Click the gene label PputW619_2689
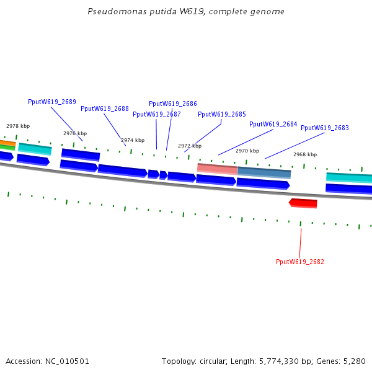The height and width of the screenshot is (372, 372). (x=52, y=102)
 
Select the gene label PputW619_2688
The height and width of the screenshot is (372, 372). (x=105, y=108)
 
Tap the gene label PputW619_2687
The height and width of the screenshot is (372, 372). (x=157, y=114)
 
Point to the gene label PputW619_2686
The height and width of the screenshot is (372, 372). (x=173, y=104)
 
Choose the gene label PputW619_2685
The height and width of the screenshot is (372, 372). (x=222, y=114)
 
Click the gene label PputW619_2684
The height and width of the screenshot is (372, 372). (x=273, y=124)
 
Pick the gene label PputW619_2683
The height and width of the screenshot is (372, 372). (x=325, y=128)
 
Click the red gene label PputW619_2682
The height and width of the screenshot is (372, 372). (x=300, y=262)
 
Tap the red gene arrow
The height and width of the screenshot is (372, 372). (x=303, y=203)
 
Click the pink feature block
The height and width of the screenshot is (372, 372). (x=217, y=169)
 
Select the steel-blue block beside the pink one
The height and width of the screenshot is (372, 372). (x=264, y=172)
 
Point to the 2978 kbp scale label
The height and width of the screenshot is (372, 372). (x=18, y=126)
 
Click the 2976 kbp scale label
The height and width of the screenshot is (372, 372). (x=75, y=133)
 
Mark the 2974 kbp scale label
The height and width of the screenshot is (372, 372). (x=133, y=140)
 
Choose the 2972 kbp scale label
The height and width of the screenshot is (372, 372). (x=190, y=146)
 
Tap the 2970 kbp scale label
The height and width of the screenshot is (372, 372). (x=247, y=151)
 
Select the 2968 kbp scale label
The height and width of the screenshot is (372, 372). (x=305, y=154)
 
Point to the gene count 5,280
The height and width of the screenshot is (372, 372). (x=354, y=361)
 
